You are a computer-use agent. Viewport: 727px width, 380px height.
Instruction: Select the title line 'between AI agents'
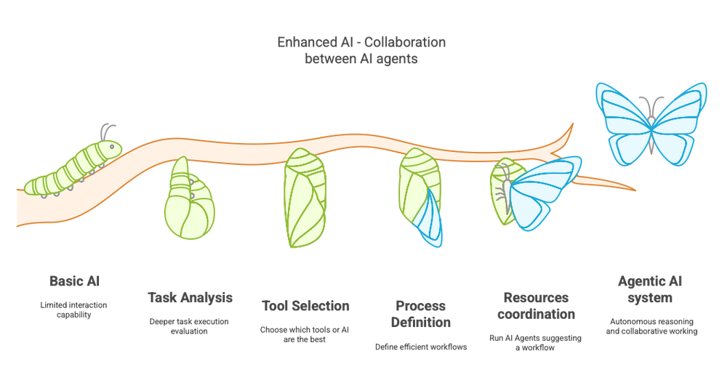click(361, 60)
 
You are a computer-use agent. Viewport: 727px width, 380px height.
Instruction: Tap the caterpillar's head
click(111, 148)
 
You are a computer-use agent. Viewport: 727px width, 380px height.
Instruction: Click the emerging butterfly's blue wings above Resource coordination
click(542, 193)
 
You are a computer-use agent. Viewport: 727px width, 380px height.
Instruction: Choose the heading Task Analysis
click(190, 297)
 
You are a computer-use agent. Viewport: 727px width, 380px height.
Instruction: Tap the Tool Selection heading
click(305, 306)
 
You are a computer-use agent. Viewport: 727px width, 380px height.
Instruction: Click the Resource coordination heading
click(539, 305)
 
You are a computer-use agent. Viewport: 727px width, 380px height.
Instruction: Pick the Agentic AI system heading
click(650, 289)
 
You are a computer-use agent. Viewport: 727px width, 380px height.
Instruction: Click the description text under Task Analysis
click(190, 325)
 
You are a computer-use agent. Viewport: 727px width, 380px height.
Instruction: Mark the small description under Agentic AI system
click(650, 326)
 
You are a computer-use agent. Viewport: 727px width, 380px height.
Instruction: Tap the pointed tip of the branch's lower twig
click(637, 190)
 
